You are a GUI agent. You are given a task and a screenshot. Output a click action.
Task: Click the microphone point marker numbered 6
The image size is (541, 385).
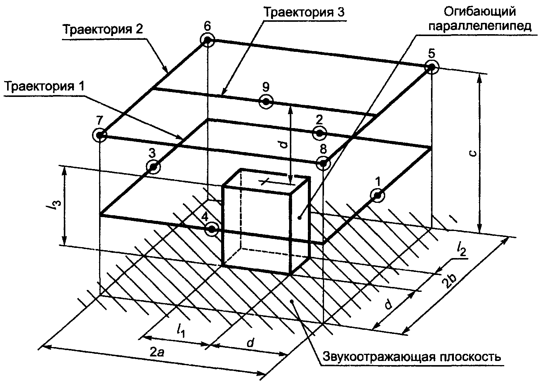click(x=208, y=40)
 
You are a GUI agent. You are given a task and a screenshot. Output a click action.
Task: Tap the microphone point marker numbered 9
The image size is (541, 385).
click(x=266, y=101)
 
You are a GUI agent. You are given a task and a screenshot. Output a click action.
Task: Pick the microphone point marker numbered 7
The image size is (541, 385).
click(x=100, y=134)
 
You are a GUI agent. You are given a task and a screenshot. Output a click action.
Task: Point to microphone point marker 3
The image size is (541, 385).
click(x=153, y=166)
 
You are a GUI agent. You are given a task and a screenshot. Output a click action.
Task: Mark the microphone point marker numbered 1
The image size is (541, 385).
click(x=377, y=195)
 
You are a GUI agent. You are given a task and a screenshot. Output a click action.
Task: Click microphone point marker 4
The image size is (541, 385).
click(x=212, y=228)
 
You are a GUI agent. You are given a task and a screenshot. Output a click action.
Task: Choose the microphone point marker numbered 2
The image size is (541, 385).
click(x=319, y=133)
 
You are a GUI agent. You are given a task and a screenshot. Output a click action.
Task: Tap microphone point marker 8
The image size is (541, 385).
click(x=323, y=163)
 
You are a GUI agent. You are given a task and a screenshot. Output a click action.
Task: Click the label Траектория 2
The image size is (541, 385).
click(x=102, y=30)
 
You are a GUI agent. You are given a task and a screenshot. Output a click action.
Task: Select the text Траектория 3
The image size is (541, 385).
click(x=304, y=12)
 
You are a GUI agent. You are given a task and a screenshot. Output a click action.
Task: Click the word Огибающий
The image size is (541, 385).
click(x=479, y=12)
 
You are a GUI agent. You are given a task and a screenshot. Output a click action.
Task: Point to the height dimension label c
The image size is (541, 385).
click(x=474, y=153)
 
